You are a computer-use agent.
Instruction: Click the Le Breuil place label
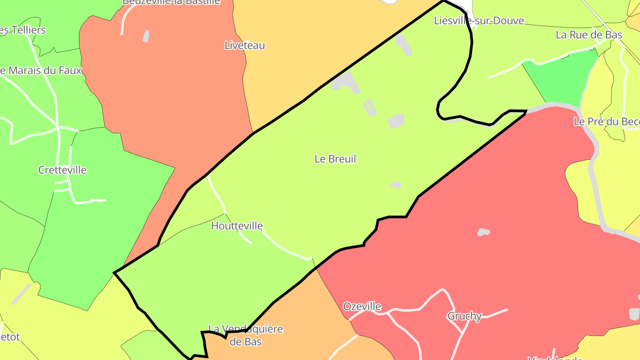click(335, 159)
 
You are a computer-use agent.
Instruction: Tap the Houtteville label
click(237, 226)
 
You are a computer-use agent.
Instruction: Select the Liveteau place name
click(244, 45)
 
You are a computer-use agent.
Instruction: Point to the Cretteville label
click(62, 170)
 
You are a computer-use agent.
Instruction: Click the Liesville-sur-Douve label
click(479, 21)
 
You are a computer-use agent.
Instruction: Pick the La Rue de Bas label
click(589, 35)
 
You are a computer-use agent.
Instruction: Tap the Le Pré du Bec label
click(606, 122)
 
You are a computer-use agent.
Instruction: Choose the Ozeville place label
click(362, 307)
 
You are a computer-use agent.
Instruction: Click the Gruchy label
click(464, 316)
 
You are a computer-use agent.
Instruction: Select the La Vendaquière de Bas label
click(245, 335)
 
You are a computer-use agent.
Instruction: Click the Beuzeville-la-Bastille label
click(171, 2)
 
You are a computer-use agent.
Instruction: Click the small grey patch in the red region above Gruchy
click(484, 232)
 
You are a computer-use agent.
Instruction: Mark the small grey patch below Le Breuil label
click(396, 184)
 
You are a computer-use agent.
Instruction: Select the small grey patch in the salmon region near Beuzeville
click(145, 36)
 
